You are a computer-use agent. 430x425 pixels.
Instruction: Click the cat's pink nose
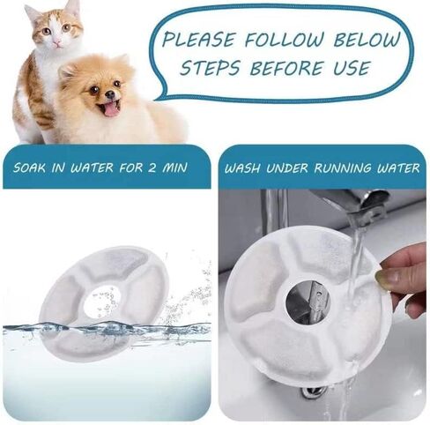pyautogui.click(x=57, y=43)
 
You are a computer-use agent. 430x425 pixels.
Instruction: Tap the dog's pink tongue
pyautogui.click(x=110, y=108)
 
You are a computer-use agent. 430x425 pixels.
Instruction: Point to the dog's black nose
pyautogui.click(x=110, y=94)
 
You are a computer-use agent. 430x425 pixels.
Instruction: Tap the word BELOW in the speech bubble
pyautogui.click(x=367, y=39)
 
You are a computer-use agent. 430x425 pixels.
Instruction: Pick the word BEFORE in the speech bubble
pyautogui.click(x=286, y=68)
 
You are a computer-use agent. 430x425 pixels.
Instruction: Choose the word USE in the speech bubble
pyautogui.click(x=351, y=68)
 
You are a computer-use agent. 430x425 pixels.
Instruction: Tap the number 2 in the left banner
pyautogui.click(x=152, y=168)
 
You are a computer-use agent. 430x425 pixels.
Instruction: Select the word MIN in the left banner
pyautogui.click(x=175, y=168)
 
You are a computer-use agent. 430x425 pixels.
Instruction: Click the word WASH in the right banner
pyautogui.click(x=242, y=168)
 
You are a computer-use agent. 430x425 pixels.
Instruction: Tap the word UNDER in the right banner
pyautogui.click(x=287, y=168)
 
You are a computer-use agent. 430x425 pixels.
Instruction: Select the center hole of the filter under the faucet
pyautogui.click(x=308, y=302)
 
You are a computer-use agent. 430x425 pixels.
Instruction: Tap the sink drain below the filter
pyautogui.click(x=312, y=391)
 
